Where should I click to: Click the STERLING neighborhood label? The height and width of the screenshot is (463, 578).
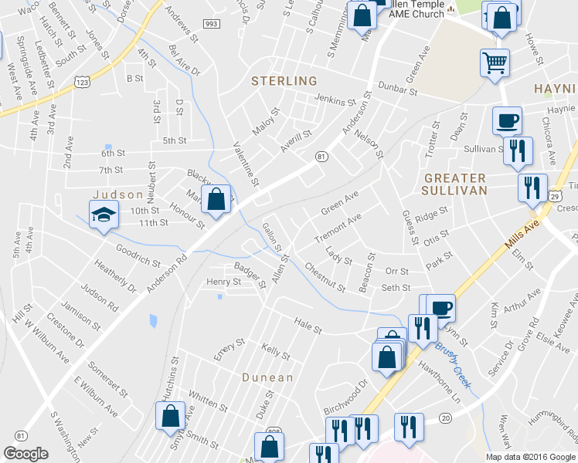click(x=284, y=81)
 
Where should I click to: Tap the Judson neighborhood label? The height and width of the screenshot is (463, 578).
click(x=118, y=194)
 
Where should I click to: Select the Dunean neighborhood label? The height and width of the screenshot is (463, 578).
click(x=267, y=377)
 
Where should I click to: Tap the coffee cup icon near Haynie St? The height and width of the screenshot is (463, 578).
click(x=506, y=120)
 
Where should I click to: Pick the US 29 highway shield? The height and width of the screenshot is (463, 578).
click(x=555, y=195)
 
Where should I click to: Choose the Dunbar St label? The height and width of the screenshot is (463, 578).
click(x=397, y=90)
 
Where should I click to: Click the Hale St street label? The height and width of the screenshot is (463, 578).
click(x=307, y=325)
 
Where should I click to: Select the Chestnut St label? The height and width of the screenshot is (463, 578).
click(x=325, y=278)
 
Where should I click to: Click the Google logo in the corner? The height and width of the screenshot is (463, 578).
click(x=25, y=454)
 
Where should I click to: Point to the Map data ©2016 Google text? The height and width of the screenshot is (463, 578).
click(x=529, y=456)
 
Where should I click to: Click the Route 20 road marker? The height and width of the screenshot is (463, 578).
click(x=445, y=417)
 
